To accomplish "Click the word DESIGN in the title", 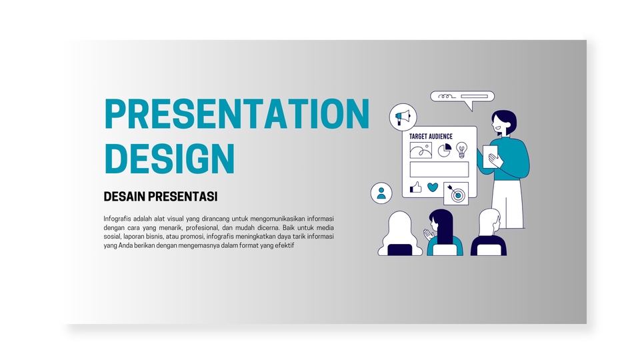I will pos(170,159).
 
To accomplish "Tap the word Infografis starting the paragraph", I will pos(117,219).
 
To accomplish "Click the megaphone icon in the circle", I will pos(403,117).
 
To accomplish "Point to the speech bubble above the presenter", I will pos(462,97).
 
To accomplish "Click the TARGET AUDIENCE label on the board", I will pos(431,137).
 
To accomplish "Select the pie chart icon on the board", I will pos(444,150).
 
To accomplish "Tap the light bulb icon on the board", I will pos(461,149).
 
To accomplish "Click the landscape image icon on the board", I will pos(421,150).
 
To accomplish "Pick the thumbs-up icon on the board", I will pos(416,187).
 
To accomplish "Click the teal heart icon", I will pos(433,187).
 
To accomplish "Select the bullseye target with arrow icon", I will pos(456,193).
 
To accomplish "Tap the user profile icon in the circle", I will pos(381,193).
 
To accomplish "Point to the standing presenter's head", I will pos(504,123).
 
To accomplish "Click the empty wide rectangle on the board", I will pos(439,169).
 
